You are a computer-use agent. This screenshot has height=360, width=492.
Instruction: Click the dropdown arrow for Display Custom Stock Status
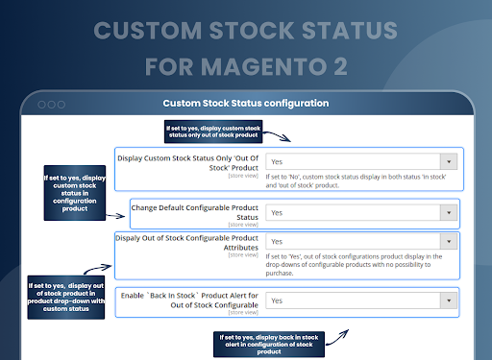447,162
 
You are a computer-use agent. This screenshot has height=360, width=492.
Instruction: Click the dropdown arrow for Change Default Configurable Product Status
447,212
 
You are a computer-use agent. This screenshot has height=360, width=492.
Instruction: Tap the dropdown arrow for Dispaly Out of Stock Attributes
447,242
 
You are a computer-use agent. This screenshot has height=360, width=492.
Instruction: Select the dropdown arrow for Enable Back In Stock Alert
447,300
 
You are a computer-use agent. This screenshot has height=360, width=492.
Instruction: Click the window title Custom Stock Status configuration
246,103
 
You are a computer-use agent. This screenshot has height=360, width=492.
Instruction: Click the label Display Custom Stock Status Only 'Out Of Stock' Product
188,162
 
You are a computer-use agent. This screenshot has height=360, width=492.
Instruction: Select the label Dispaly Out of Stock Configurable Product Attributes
187,242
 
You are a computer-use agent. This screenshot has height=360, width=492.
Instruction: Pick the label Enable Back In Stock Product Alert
190,300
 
